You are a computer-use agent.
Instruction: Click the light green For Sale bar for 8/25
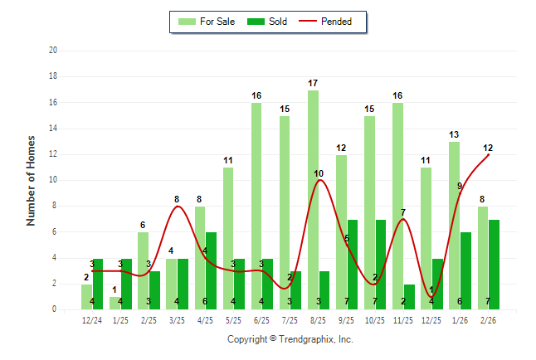point(313,199)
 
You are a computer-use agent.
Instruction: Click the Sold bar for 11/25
point(410,296)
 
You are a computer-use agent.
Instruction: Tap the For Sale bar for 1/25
point(115,303)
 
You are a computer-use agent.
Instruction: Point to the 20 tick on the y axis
point(52,51)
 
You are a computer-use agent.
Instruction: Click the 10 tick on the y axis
point(52,180)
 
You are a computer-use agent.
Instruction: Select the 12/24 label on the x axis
point(92,320)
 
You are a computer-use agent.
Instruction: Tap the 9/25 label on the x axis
point(347,320)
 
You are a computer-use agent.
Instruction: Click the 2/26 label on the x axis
point(489,320)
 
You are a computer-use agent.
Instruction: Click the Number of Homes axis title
point(32,180)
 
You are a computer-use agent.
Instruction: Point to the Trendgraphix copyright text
point(290,339)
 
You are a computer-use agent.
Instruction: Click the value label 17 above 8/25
point(313,83)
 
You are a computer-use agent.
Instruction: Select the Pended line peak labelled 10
point(319,181)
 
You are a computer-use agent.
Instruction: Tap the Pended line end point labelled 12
point(489,154)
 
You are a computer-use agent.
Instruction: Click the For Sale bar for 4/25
point(199,257)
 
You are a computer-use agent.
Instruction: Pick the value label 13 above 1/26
point(455,134)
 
